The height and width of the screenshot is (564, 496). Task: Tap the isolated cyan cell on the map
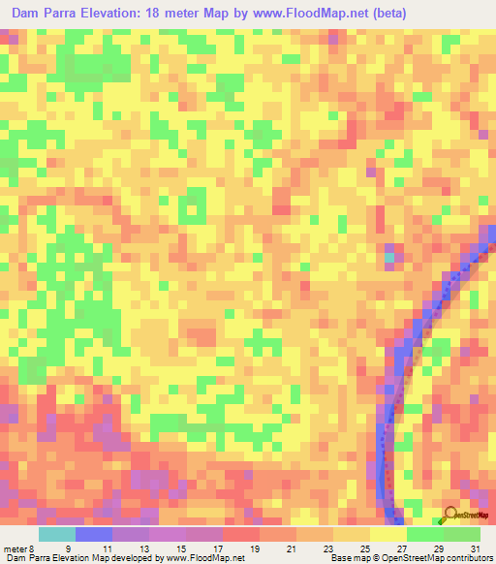pyautogui.click(x=389, y=258)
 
